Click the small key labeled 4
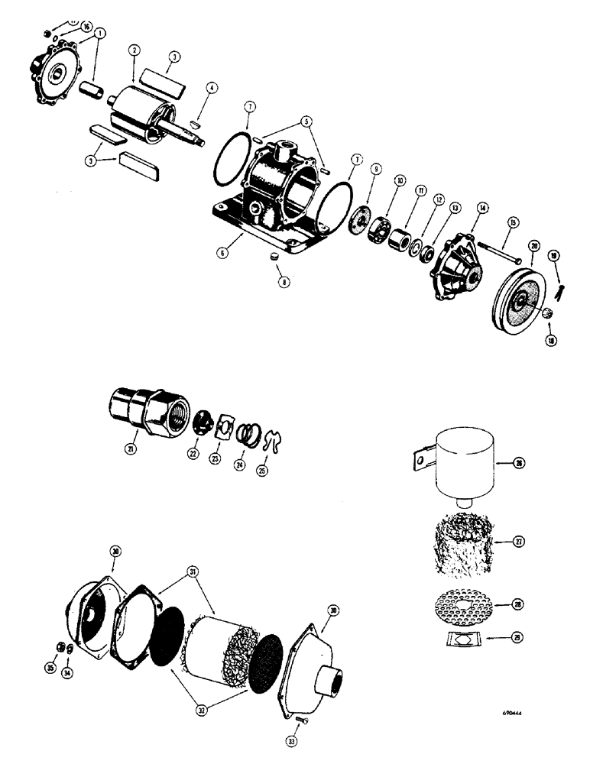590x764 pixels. (196, 119)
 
